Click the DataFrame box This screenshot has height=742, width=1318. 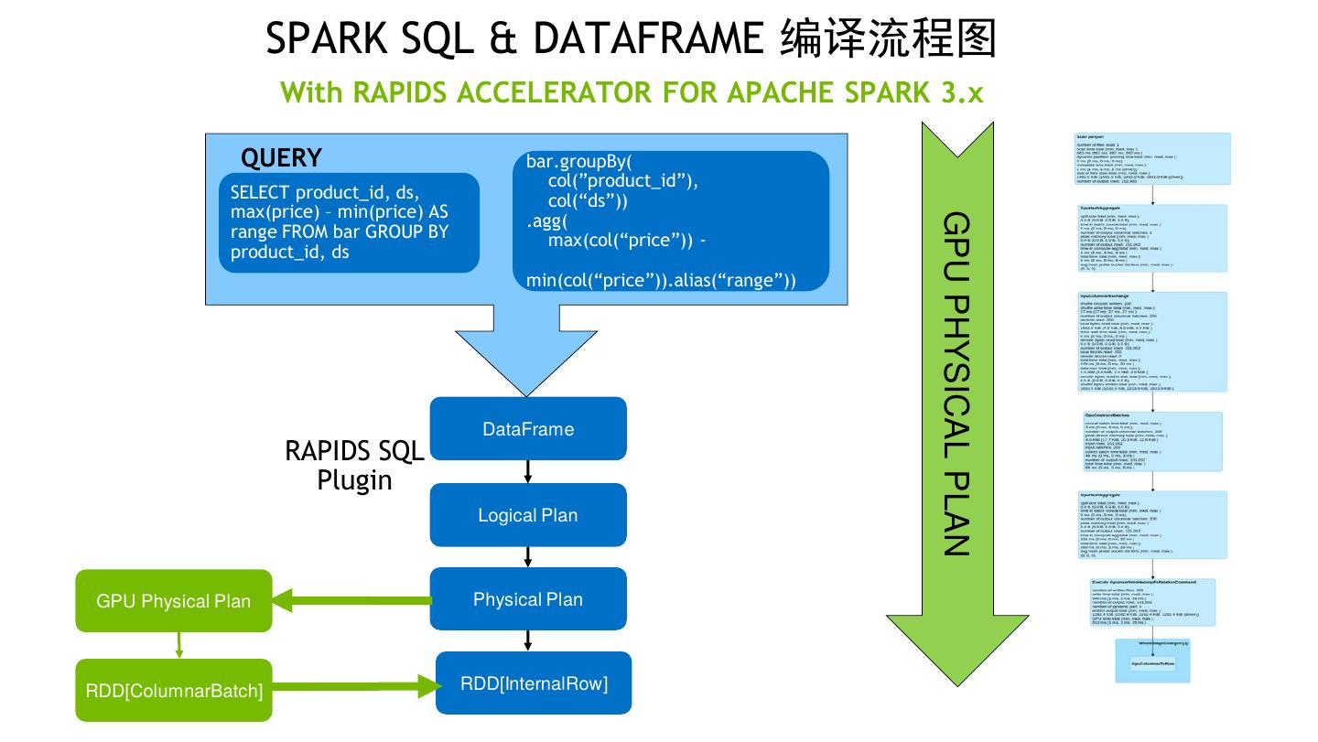(x=528, y=428)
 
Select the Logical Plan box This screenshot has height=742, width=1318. (x=528, y=515)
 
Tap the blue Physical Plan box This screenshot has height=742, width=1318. (x=528, y=599)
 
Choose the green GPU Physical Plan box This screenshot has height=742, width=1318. (x=174, y=601)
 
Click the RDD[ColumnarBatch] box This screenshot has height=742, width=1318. (x=174, y=690)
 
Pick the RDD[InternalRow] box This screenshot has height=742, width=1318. (x=534, y=683)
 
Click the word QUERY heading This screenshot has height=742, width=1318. (x=281, y=158)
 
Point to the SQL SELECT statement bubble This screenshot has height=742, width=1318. (x=349, y=222)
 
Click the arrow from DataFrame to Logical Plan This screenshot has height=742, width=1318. (x=528, y=471)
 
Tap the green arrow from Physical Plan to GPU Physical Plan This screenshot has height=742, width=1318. (x=352, y=601)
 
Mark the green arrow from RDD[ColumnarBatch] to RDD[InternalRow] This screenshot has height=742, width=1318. (x=352, y=684)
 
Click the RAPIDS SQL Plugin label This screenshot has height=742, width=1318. (x=355, y=465)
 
